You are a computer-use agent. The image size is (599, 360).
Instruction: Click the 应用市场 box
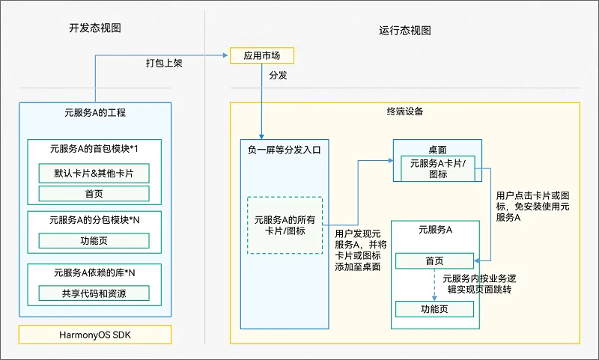point(261,55)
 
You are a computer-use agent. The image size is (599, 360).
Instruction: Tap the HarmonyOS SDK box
point(94,334)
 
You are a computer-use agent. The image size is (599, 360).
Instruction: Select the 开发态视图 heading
point(94,29)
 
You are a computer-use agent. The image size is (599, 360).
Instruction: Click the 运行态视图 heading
point(405,31)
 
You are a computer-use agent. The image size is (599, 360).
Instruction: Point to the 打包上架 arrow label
point(164,64)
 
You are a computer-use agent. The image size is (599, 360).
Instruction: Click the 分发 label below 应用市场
point(278,76)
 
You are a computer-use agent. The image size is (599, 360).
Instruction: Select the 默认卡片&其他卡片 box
point(94,174)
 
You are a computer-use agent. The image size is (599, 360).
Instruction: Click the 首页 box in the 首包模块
point(94,194)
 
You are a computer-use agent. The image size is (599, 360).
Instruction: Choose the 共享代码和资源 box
point(94,293)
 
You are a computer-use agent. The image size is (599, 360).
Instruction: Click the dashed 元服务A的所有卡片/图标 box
point(285,225)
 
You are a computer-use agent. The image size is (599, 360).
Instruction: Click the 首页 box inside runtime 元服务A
point(434,260)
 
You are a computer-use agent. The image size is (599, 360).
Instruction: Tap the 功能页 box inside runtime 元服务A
point(434,308)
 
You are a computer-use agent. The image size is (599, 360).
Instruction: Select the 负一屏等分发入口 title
point(284,149)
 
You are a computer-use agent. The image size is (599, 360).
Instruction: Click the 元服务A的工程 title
point(94,114)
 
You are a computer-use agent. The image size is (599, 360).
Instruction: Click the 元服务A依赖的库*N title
point(94,272)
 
